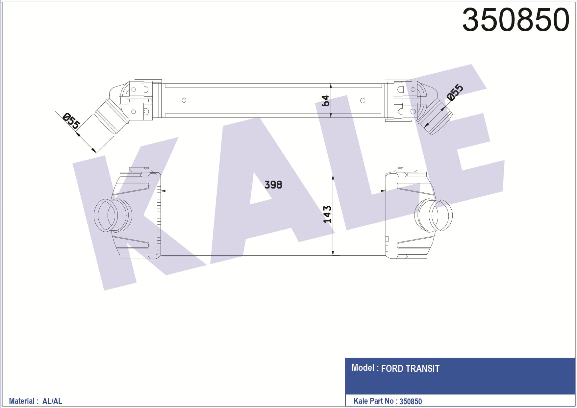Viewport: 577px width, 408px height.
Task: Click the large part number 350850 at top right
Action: [515, 20]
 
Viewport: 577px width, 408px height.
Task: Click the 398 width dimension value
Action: [273, 185]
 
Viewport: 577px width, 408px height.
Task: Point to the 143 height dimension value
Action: [327, 215]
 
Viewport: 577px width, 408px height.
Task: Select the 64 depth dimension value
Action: [325, 101]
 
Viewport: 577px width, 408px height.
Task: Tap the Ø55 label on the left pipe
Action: [71, 121]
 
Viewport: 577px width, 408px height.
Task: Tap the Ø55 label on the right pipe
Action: [455, 92]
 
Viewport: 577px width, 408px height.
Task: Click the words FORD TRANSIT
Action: [410, 369]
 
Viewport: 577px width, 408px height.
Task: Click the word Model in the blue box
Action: [363, 368]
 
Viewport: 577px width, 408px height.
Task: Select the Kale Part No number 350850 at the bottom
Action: [411, 401]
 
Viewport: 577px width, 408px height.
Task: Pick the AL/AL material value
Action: [52, 401]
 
